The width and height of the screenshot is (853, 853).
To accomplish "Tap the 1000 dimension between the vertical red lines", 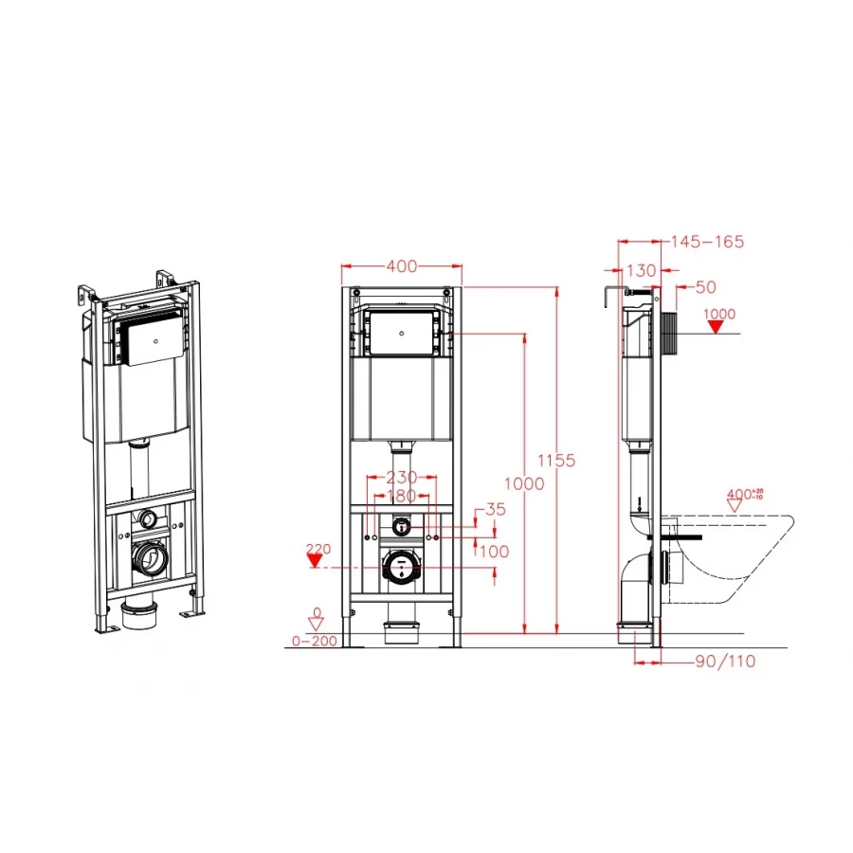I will [x=524, y=483].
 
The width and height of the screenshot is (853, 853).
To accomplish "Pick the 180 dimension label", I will [x=402, y=497].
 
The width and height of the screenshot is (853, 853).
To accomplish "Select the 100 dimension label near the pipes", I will [x=495, y=551].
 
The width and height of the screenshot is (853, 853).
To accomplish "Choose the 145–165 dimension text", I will [x=707, y=243].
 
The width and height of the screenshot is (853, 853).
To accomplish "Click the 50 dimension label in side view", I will [x=706, y=286].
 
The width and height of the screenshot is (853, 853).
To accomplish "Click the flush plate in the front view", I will [x=403, y=333].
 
